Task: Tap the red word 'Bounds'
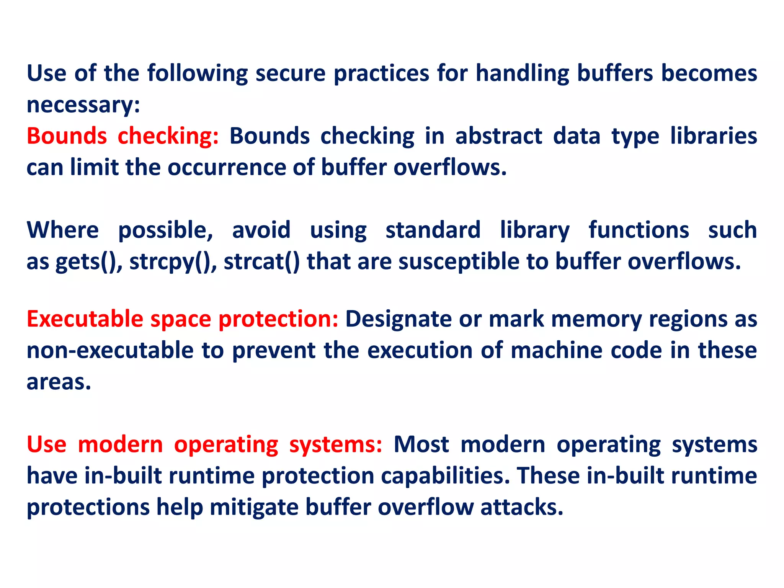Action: pos(67,136)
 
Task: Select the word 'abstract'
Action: pos(498,136)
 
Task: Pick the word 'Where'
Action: pos(63,230)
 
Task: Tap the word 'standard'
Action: pos(433,230)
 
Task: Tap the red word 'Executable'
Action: pos(85,319)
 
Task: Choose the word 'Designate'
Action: pos(398,319)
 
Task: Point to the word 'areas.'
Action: pos(59,382)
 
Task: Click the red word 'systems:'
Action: pos(335,445)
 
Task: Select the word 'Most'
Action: pos(421,445)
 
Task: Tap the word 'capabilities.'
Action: pos(446,476)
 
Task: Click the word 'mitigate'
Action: pos(254,508)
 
